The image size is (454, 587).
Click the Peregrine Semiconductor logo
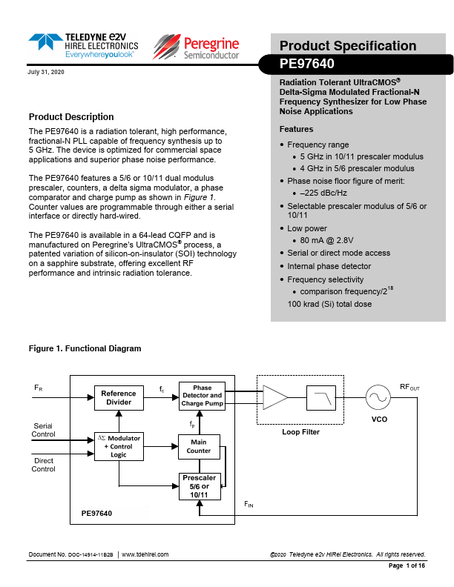(x=197, y=46)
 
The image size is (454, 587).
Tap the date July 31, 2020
(x=46, y=70)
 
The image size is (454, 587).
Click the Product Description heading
(x=71, y=117)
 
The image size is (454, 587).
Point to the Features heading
(x=296, y=129)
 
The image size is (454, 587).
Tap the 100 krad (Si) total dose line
(x=329, y=304)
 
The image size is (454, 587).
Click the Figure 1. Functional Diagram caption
(x=85, y=348)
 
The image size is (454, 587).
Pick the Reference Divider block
(x=119, y=398)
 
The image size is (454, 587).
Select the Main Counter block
(x=199, y=446)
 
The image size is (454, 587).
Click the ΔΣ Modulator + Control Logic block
(x=119, y=446)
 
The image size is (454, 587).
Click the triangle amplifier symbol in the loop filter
(x=275, y=397)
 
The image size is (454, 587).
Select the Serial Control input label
(x=43, y=430)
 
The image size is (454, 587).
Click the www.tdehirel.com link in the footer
(x=145, y=554)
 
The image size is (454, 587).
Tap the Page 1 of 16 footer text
(x=407, y=566)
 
